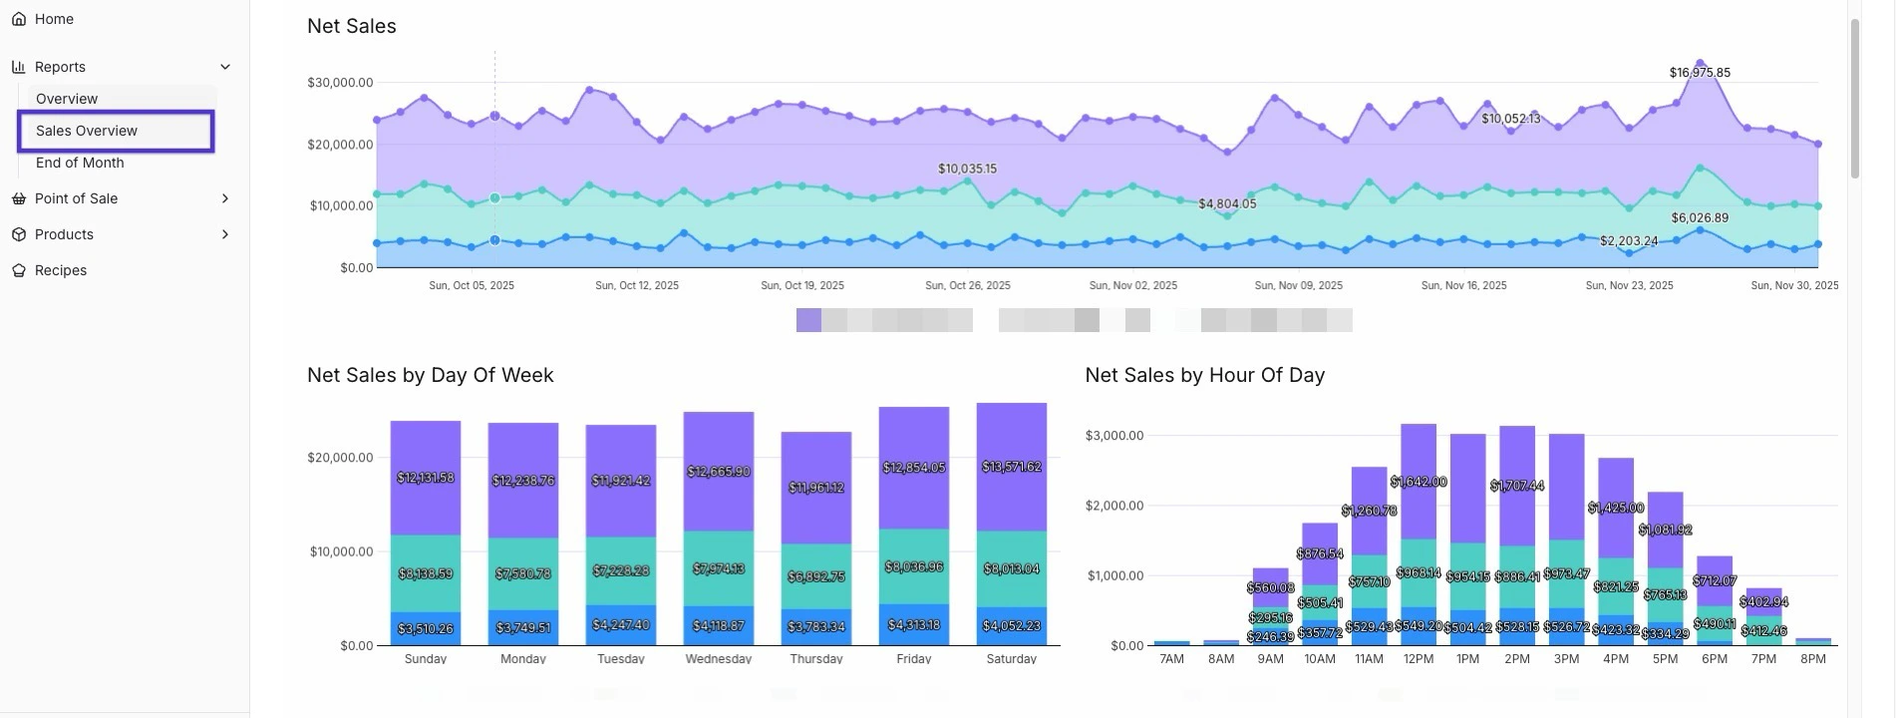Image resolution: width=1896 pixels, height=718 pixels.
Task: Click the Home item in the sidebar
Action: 54,19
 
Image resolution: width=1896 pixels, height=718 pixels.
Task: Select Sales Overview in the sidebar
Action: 87,131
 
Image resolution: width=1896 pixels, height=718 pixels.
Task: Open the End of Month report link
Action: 80,163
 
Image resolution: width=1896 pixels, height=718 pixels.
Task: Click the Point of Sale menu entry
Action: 76,198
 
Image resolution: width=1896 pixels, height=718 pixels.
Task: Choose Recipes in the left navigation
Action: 60,270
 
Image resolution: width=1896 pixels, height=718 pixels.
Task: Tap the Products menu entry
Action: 64,234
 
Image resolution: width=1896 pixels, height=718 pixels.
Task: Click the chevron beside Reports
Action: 225,67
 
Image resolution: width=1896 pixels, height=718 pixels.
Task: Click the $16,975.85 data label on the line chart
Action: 1700,73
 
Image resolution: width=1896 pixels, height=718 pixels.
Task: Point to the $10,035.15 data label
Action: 967,169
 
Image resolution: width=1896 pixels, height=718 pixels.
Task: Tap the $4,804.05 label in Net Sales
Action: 1227,203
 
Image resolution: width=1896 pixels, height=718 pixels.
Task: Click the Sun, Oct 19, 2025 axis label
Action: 802,285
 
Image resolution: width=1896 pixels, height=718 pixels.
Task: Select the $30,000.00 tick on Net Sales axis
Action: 340,83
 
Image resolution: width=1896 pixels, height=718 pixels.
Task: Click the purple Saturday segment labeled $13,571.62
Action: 1012,467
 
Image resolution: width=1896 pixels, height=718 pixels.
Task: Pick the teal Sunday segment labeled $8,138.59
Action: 426,573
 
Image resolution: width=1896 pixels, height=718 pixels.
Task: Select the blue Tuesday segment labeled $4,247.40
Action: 621,625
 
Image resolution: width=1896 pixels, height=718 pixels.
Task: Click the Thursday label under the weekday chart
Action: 816,658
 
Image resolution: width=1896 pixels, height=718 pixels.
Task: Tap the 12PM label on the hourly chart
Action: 1419,659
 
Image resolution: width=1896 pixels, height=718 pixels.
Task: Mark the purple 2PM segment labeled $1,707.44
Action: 1517,486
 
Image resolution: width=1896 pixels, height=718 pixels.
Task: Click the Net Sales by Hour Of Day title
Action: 1204,375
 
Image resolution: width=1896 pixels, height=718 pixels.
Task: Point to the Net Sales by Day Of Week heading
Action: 430,375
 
